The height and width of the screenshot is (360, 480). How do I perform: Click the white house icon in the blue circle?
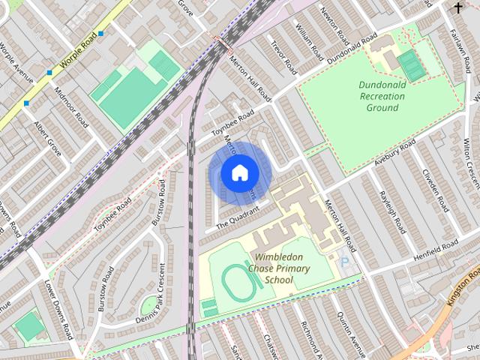pyautogui.click(x=239, y=173)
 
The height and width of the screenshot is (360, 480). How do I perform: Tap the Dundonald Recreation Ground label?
pyautogui.click(x=382, y=95)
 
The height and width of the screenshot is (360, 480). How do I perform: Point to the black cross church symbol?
pyautogui.click(x=458, y=7)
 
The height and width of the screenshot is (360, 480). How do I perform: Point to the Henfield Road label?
pyautogui.click(x=435, y=251)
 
